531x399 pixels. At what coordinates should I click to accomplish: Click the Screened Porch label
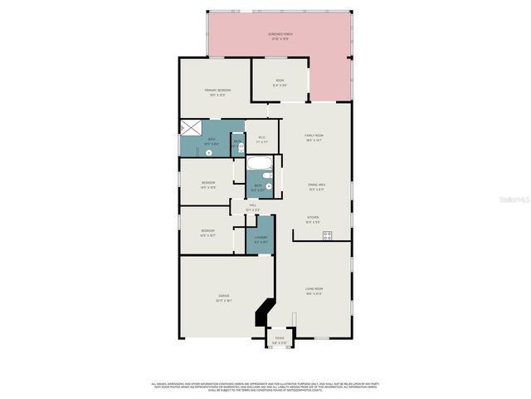click(280, 36)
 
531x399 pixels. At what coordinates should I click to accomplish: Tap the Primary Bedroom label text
click(217, 91)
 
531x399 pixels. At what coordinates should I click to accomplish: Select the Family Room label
click(314, 136)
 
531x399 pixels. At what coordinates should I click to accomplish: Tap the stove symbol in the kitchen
click(327, 234)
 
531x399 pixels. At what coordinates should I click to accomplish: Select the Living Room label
click(314, 292)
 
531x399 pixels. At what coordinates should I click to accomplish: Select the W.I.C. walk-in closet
click(261, 139)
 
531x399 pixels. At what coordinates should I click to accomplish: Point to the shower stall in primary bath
click(191, 129)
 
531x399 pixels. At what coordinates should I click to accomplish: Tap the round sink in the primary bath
click(241, 147)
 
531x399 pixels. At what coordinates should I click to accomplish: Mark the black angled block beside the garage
click(263, 313)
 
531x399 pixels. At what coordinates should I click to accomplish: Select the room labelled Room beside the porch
click(280, 81)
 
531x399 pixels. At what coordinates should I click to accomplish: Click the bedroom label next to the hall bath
click(208, 185)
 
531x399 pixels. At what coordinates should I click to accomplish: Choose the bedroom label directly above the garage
click(208, 232)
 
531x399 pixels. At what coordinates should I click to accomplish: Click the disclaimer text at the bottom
click(265, 387)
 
